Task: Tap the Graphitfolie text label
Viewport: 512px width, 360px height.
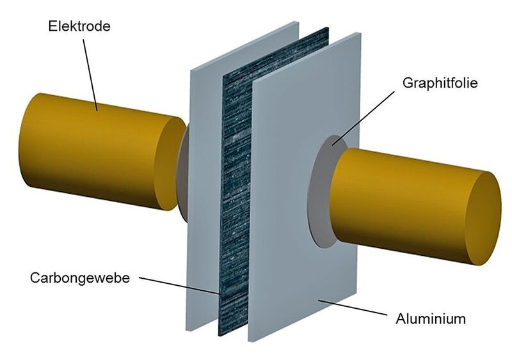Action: coord(440,83)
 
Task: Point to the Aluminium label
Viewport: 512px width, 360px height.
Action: coord(430,318)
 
